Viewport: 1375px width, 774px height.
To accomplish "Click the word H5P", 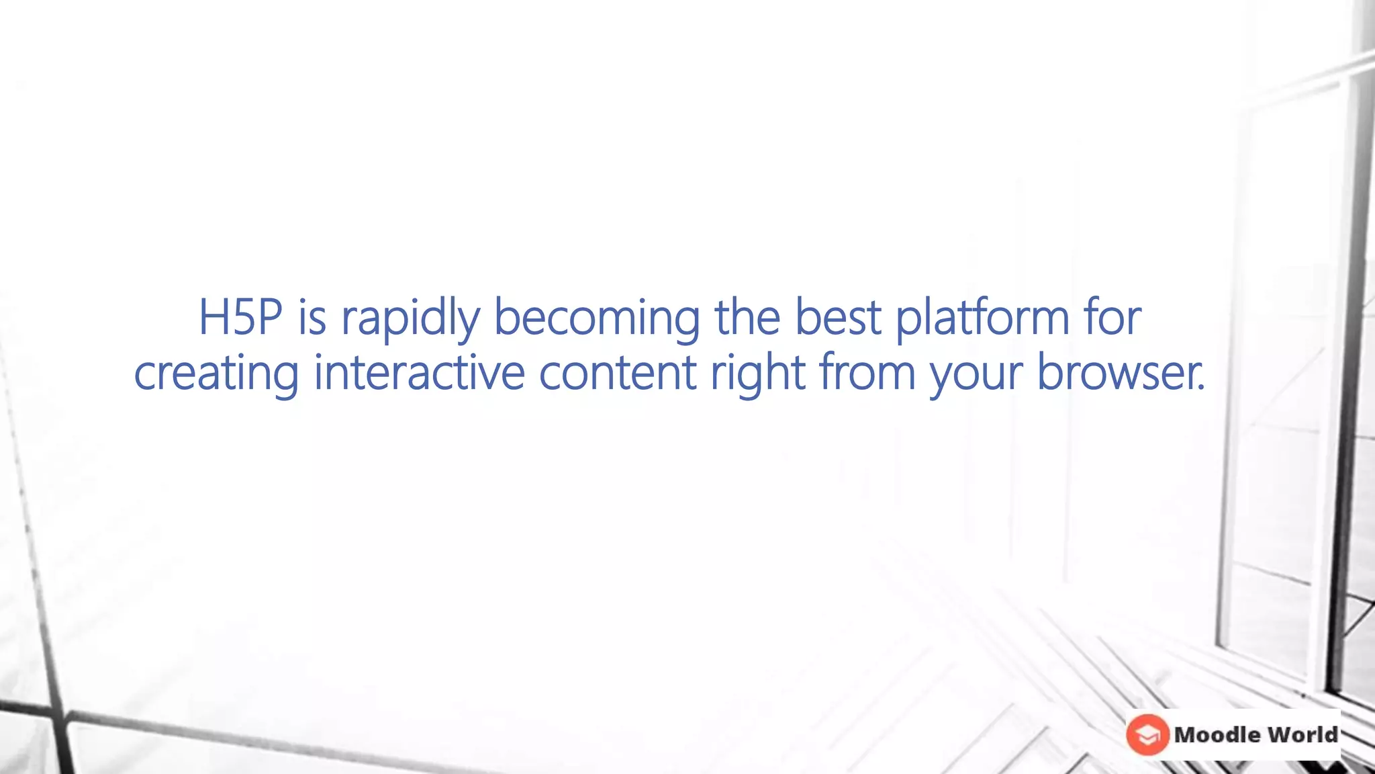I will point(240,318).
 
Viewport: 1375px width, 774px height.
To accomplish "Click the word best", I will point(838,318).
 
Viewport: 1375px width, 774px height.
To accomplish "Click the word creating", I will point(216,374).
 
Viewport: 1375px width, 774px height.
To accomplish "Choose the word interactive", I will point(419,374).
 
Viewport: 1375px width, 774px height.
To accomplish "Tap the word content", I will point(618,374).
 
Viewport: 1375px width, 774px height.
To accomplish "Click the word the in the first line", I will point(747,318).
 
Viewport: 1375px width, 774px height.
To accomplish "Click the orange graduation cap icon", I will point(1147,734).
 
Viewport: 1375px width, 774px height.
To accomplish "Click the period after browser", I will point(1202,389).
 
